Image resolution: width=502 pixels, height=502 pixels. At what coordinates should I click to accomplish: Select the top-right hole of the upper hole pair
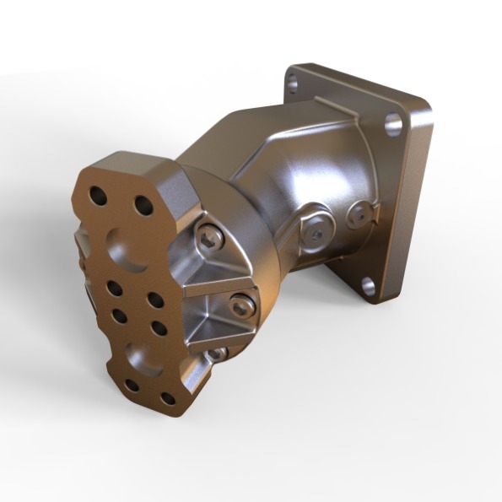click(140, 205)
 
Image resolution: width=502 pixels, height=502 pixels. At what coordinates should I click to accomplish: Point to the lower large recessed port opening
click(139, 354)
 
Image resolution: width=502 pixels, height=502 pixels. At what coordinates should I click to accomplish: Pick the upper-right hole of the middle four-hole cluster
click(155, 299)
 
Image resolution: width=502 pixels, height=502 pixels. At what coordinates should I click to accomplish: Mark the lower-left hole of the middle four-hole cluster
click(119, 316)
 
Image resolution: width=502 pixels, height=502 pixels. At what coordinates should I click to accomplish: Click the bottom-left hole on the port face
click(132, 386)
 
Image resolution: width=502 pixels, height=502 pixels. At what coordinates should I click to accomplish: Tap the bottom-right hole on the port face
click(168, 397)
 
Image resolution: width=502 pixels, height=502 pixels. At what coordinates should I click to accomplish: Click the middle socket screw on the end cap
click(241, 306)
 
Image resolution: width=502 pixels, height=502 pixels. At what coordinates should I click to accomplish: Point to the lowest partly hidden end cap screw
click(217, 354)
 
